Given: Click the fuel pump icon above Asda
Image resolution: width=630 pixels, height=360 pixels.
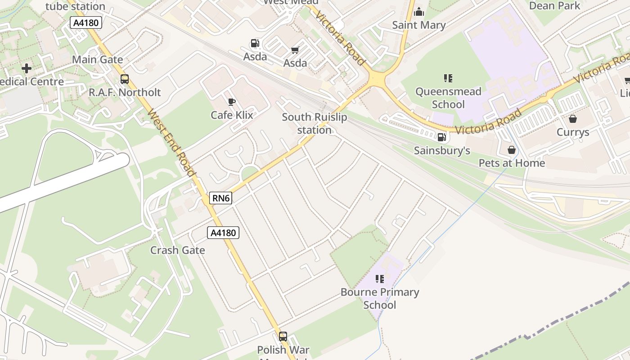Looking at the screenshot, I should pos(255,44).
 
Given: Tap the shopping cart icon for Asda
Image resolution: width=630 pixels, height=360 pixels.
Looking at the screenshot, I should pos(295,50).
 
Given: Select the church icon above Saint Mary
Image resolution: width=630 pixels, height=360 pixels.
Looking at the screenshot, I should pos(419,12).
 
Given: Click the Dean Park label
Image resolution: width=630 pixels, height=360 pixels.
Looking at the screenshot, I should pos(554,6).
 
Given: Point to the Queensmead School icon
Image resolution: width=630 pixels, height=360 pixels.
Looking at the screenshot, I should pos(448,78).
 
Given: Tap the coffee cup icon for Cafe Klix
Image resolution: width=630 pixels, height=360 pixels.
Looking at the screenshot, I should pos(232,102).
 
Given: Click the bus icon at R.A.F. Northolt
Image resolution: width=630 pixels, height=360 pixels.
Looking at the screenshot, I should pos(125,79).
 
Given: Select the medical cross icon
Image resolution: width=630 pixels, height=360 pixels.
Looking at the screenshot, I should pos(27,68).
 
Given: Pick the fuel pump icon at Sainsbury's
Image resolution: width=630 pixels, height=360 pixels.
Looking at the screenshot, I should pos(441,137).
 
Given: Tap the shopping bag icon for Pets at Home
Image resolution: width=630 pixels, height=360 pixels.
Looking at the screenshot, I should pos(512,150).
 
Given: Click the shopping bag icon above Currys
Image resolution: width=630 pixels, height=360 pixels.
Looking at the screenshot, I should pos(573,119).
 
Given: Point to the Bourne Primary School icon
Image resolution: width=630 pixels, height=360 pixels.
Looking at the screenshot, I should pos(379,279).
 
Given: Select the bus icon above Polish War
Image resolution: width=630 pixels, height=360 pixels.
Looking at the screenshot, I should pos(283,336).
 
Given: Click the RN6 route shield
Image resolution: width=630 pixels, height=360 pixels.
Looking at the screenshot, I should pos(220,198).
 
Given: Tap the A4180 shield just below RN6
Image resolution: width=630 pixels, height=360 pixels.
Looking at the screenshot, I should pos(223,233).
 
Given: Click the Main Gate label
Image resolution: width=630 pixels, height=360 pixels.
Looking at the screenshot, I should pos(97,59).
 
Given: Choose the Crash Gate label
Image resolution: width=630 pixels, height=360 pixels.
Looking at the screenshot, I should pos(177,250).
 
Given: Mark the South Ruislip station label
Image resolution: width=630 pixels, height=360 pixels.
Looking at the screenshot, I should pos(314,123).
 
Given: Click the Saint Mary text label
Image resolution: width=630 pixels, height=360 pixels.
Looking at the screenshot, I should pos(418,25).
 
